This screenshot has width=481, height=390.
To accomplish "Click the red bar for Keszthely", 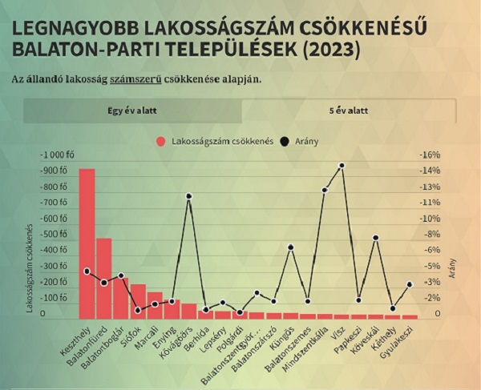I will [87, 243].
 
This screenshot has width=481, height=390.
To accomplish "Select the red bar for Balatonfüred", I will [104, 278].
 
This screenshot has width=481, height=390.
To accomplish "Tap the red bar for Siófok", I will [138, 301].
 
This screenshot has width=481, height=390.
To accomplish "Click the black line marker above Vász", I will [342, 166].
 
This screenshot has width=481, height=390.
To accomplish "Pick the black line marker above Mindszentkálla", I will [325, 190].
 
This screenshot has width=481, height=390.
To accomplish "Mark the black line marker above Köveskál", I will [375, 238].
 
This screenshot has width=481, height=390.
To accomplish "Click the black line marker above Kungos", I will [291, 247].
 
